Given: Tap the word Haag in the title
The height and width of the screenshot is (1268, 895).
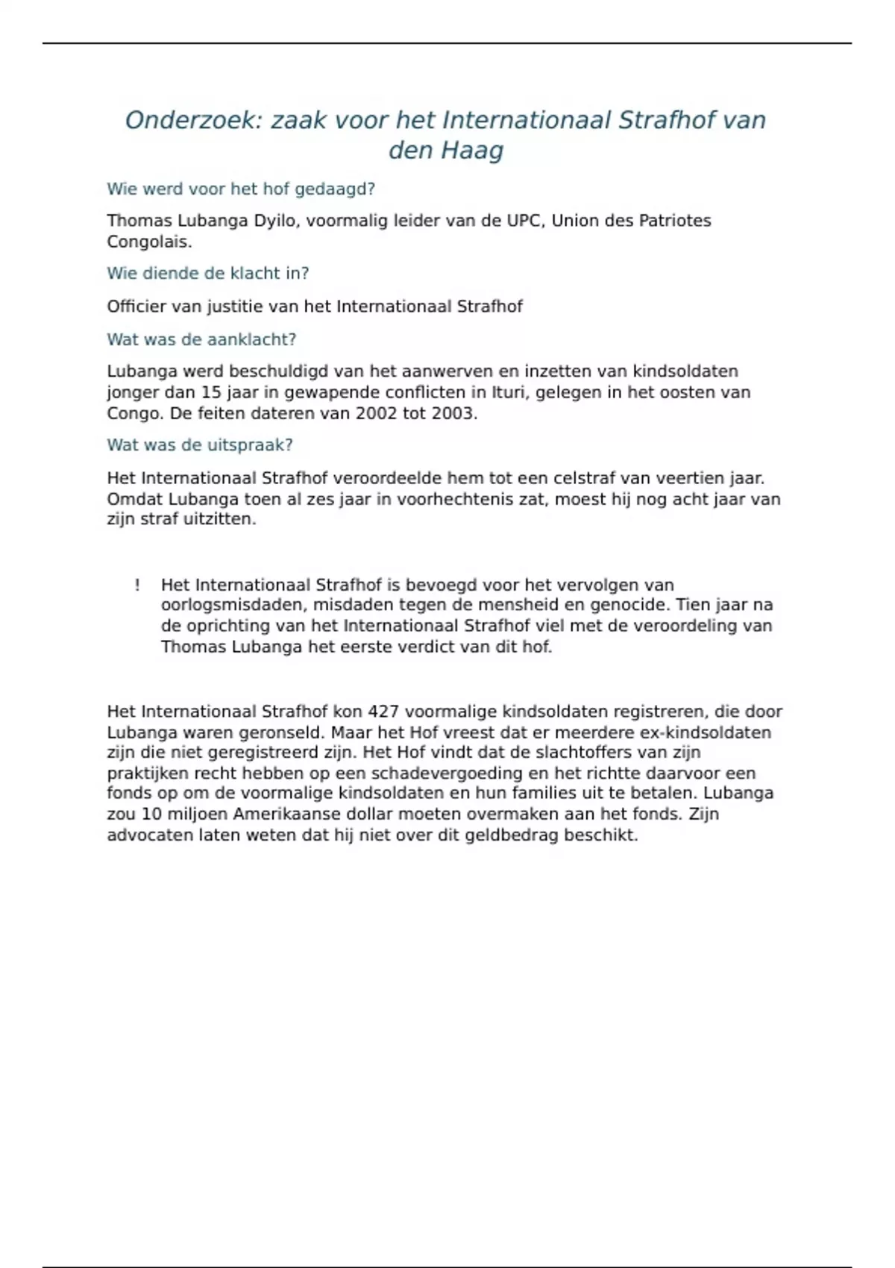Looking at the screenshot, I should pyautogui.click(x=472, y=151).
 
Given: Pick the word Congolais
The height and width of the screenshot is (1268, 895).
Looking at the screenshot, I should pyautogui.click(x=149, y=242).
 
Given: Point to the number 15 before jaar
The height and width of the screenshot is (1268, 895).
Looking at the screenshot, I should pyautogui.click(x=212, y=392).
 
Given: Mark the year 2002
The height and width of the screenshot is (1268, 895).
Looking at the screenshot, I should pyautogui.click(x=377, y=413).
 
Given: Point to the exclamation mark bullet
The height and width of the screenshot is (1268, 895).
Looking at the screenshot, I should pyautogui.click(x=137, y=586).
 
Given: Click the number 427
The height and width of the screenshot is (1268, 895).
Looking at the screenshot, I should pyautogui.click(x=383, y=712).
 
